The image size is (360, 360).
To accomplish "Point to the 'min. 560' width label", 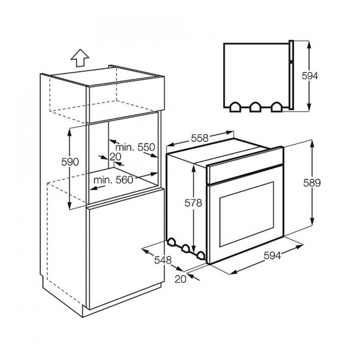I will [114, 179].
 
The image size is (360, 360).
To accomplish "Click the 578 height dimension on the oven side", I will [193, 203].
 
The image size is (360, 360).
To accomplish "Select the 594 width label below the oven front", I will [273, 255].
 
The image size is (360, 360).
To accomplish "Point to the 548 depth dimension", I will [163, 260].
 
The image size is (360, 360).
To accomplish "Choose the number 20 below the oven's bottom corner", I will [179, 279].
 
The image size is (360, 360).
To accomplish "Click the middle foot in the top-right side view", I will [256, 106].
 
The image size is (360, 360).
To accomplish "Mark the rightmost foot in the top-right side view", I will [277, 106].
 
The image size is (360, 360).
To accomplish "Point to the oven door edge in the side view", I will [291, 75].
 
